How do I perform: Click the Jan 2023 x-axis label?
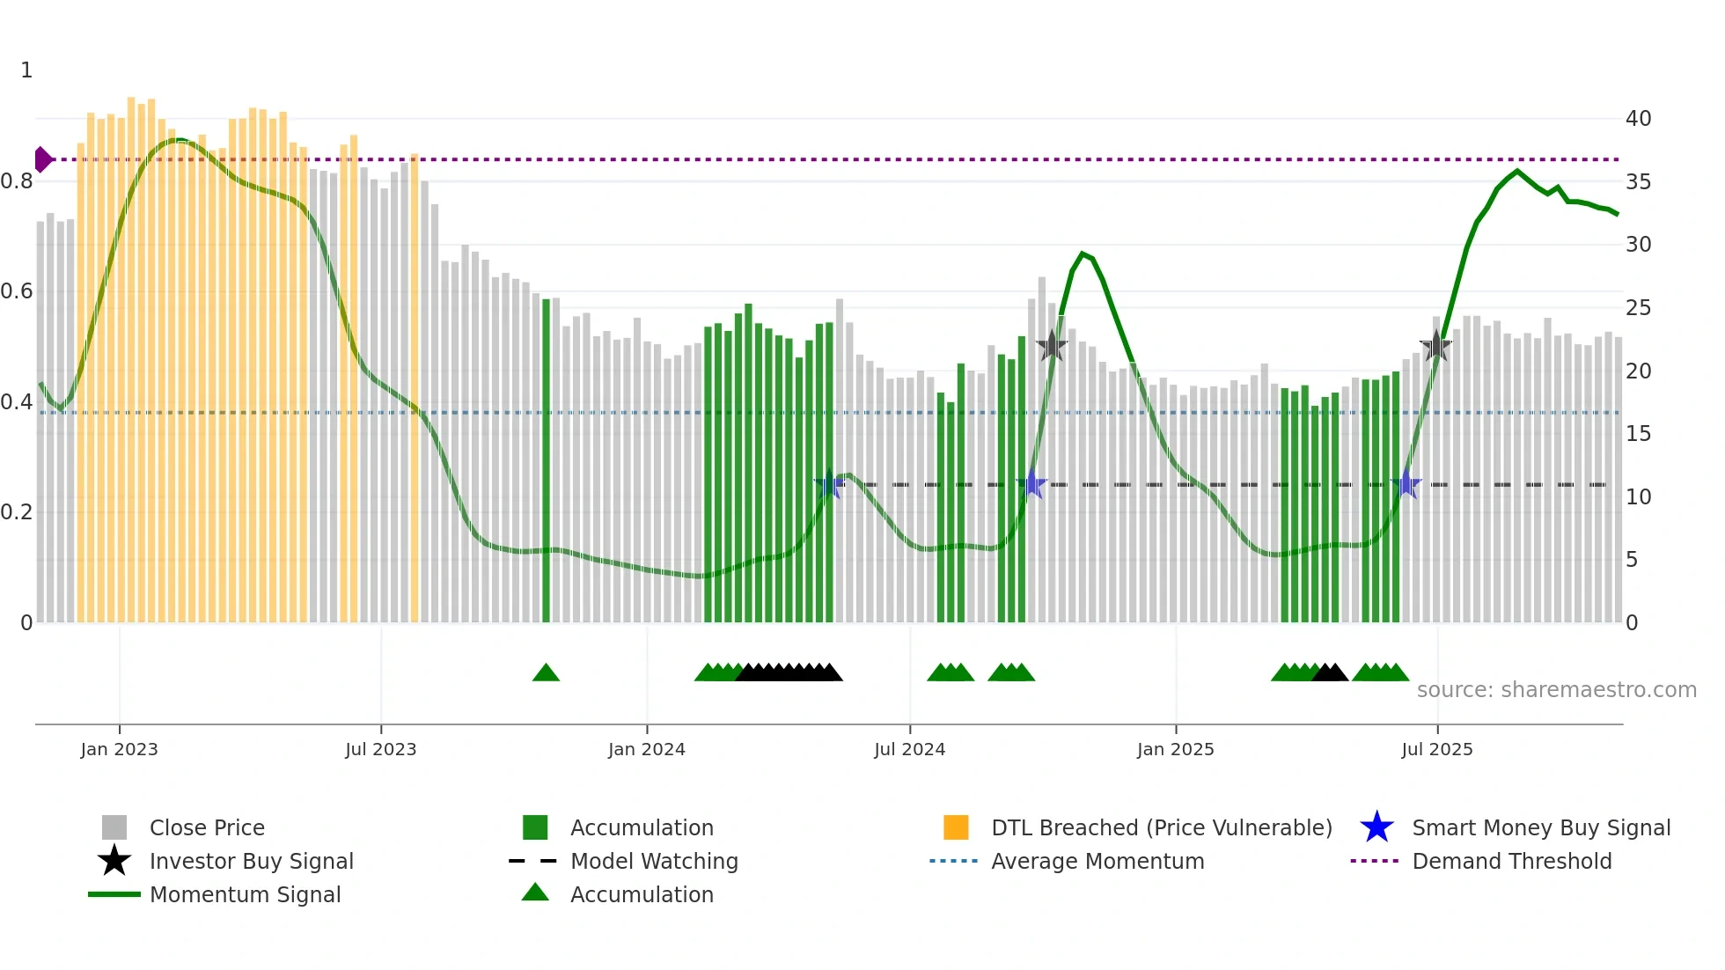click(119, 749)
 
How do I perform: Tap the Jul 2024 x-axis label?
click(909, 749)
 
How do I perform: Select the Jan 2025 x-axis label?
click(1175, 749)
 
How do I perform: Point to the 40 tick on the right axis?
click(1638, 118)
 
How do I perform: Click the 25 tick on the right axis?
click(1638, 307)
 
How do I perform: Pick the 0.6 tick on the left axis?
click(17, 291)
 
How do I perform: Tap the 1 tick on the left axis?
click(26, 70)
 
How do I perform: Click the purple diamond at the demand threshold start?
click(42, 159)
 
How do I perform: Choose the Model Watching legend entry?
click(653, 861)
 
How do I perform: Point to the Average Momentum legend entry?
click(1097, 861)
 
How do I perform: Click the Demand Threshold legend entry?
click(1511, 861)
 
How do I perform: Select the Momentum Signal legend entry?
click(245, 894)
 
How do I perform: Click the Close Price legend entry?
click(207, 827)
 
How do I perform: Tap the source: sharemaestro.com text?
click(1556, 689)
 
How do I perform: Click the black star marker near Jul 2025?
click(1435, 346)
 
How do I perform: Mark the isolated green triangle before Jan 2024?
click(546, 672)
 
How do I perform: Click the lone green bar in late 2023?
click(546, 458)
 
